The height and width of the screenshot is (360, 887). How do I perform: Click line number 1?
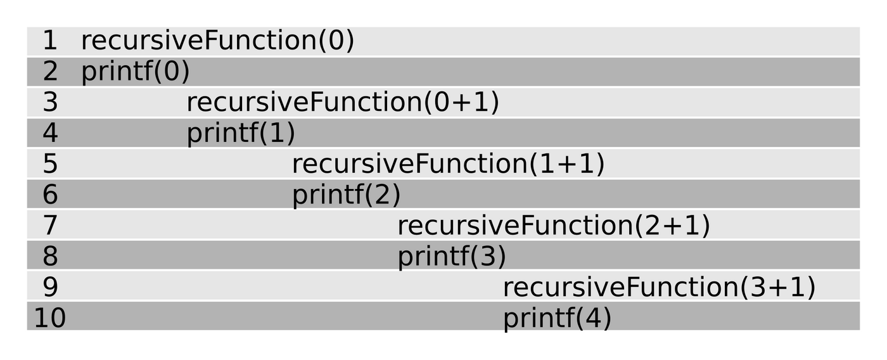50,41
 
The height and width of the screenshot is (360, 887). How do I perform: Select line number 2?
50,71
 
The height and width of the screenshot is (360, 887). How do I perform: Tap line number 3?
50,102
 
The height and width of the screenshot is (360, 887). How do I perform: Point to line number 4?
50,132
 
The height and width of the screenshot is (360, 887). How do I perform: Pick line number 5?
50,163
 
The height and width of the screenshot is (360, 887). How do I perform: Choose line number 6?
50,194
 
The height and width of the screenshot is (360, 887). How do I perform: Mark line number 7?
50,225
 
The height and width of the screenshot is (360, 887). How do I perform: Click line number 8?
50,256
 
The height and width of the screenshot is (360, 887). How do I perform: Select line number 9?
50,286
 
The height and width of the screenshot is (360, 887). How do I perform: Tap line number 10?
50,318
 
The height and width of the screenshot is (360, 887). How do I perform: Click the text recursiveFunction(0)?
217,41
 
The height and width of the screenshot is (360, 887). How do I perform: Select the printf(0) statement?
136,72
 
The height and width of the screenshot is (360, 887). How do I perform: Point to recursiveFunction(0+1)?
343,102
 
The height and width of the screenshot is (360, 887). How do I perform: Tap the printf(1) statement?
241,132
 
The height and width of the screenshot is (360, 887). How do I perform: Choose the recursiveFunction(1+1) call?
449,164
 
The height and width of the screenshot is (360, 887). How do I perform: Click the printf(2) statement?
347,195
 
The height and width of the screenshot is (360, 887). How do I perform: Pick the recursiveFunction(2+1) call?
554,226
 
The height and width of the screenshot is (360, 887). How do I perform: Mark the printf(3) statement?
452,256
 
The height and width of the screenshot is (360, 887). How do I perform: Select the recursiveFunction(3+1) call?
660,286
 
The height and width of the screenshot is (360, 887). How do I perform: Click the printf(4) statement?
558,318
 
